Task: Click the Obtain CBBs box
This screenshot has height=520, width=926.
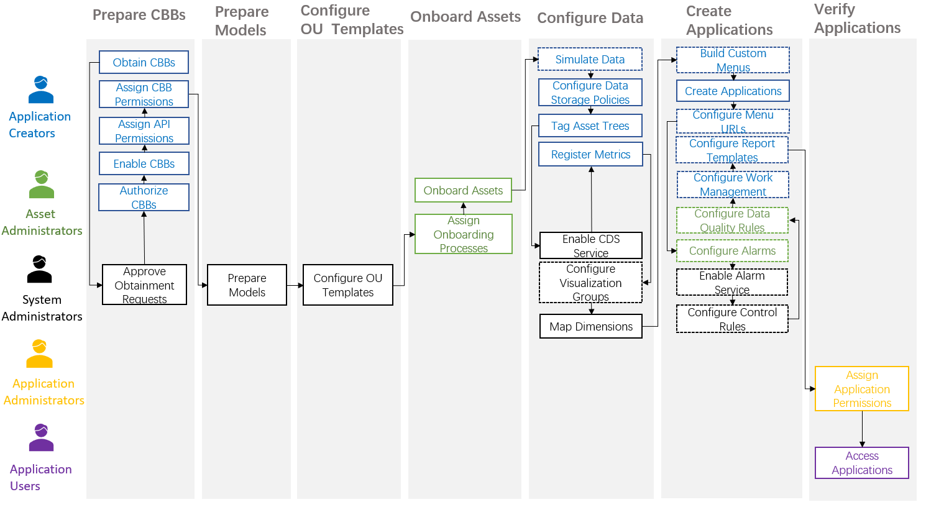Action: (144, 62)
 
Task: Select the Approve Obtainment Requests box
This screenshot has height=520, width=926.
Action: (144, 285)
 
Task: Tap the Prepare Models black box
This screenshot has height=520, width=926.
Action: (247, 285)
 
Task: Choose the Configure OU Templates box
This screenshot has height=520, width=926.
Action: (347, 285)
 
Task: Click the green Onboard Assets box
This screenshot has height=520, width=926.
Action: (463, 190)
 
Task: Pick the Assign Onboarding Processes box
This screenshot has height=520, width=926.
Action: (463, 234)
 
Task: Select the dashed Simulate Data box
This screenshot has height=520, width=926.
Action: (590, 60)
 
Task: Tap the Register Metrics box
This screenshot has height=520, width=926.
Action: (590, 155)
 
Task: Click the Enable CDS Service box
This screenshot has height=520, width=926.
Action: (590, 245)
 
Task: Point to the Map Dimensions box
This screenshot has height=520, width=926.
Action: (590, 327)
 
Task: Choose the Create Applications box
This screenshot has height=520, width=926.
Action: (733, 91)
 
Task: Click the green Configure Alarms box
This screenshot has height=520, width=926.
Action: (732, 251)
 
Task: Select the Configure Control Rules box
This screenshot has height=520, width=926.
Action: (732, 319)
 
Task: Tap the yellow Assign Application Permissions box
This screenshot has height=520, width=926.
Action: (861, 389)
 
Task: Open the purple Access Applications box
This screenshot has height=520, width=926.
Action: (861, 463)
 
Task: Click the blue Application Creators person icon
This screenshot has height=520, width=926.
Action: (41, 89)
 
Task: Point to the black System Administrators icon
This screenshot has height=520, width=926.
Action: (39, 269)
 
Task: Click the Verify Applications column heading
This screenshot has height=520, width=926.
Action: (857, 19)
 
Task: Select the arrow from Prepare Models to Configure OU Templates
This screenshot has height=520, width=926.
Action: (295, 285)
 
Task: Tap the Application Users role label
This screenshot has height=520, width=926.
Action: (40, 477)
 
